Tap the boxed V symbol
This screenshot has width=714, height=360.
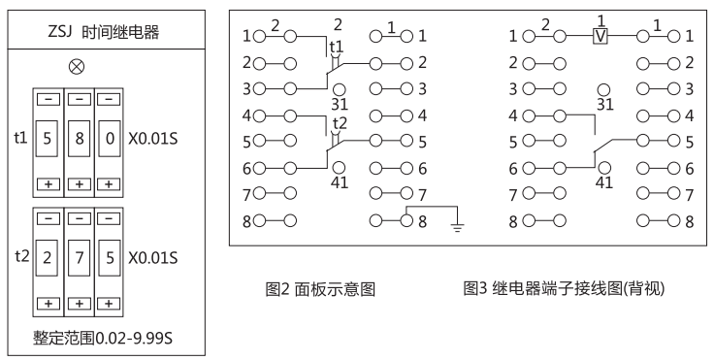(x=600, y=37)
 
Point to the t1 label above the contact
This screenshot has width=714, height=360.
(x=336, y=46)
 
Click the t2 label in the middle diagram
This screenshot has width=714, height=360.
(x=339, y=123)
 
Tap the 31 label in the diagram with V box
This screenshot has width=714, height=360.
(x=605, y=103)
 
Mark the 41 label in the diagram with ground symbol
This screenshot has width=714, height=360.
(x=339, y=180)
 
